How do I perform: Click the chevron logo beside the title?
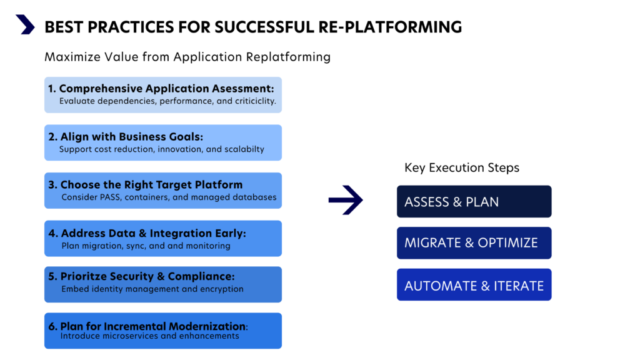tap(25, 25)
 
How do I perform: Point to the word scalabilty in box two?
tap(242, 149)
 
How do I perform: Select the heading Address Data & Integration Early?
tap(147, 233)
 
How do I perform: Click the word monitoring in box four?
tap(208, 246)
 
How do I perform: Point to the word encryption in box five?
tap(221, 289)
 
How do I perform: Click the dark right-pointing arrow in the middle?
tap(346, 201)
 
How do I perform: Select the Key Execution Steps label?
tap(462, 167)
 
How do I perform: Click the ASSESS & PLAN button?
tap(474, 202)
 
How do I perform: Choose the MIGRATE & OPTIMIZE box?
tap(474, 243)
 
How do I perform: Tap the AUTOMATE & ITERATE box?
tap(474, 285)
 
